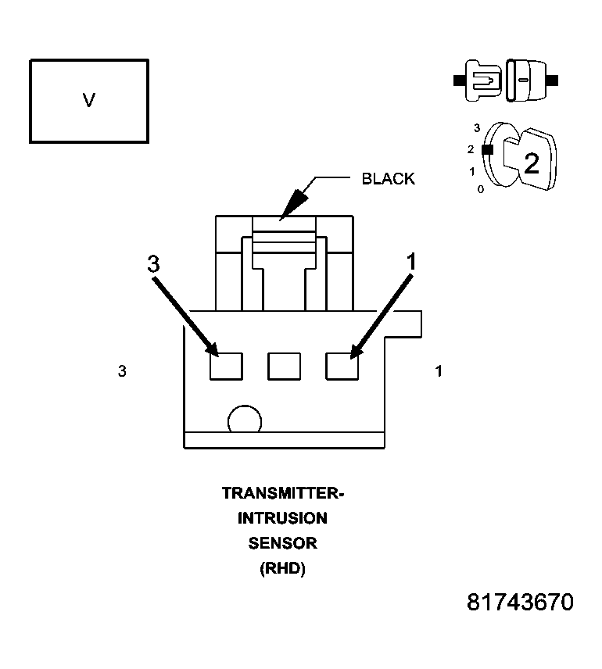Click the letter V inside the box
coord(89,100)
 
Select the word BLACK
coord(388,179)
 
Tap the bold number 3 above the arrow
coord(153,264)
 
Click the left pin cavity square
coord(226,366)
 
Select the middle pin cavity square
coord(284,366)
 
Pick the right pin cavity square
coord(342,366)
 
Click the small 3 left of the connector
coord(122,372)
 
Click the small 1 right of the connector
coord(439,372)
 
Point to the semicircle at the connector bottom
coord(244,420)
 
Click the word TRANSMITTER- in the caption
coord(283,493)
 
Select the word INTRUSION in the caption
coord(283,518)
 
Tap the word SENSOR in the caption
coord(283,543)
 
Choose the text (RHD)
coord(282,569)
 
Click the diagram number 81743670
coord(520,603)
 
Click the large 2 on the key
coord(531,163)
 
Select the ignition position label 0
coord(480,189)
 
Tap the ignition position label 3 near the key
coord(476,127)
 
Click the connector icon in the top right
coord(506,80)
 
